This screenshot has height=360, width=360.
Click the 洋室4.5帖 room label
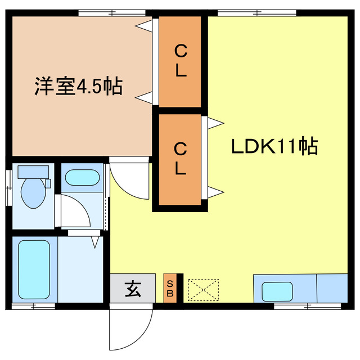79,87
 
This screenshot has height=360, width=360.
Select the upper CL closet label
180,61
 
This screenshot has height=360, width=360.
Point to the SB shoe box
169,289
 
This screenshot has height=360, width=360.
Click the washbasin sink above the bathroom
82,178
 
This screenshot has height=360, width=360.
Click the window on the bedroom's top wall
112,12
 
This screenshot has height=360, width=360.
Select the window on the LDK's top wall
250,12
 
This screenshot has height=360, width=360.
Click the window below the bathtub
34,306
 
